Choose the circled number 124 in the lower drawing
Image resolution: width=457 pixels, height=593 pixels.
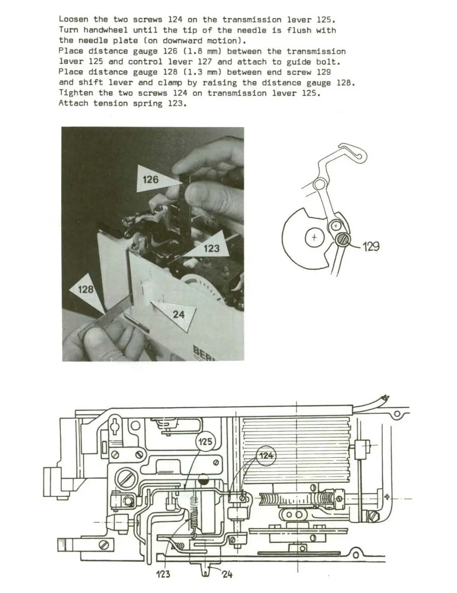pos(266,456)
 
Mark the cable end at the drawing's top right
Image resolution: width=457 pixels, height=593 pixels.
pos(383,398)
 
